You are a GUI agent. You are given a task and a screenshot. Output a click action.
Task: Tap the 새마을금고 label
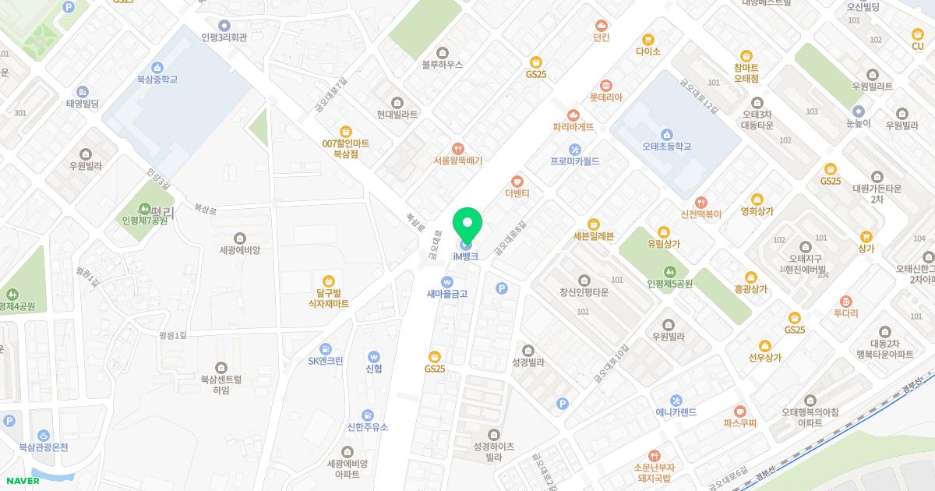point(446,294)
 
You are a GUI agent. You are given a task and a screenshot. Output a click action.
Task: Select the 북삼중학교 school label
point(157,79)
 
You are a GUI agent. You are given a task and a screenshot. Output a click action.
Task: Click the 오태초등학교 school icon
point(666,132)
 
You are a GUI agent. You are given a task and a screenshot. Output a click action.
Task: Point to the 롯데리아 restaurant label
point(605,97)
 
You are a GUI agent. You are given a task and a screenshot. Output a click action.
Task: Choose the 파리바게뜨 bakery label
point(573,126)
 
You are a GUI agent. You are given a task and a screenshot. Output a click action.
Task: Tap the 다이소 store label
point(647,51)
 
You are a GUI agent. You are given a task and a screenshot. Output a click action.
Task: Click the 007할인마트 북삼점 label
point(345,148)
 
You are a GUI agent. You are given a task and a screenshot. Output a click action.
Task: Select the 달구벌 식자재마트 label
point(328,298)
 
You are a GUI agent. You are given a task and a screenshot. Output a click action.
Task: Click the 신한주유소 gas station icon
point(367,415)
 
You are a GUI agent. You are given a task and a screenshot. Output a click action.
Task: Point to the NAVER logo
point(21,481)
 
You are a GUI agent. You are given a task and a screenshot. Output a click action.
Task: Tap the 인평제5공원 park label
point(669,284)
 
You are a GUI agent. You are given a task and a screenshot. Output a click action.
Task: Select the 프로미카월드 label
point(575,161)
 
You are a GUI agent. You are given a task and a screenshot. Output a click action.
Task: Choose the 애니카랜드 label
point(676,412)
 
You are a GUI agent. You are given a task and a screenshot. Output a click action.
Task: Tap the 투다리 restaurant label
point(845,313)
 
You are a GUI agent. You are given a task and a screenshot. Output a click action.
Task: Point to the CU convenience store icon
point(917,34)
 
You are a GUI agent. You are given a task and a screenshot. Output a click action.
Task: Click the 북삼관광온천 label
point(44,447)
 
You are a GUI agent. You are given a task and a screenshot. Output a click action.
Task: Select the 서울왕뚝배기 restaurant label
point(458,161)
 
